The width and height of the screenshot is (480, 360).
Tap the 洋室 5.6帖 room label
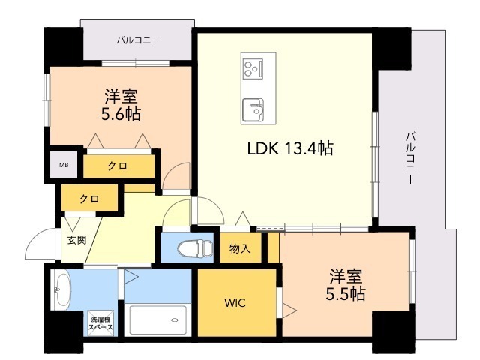(121, 105)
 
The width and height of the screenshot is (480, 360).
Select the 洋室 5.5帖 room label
(346, 284)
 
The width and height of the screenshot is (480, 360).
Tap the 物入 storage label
(239, 248)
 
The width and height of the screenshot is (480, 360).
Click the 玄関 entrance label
(76, 240)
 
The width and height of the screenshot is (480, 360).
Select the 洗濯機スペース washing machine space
(101, 322)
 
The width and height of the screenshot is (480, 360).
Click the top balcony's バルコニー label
(137, 40)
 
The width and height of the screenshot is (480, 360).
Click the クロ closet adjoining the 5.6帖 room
(116, 165)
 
